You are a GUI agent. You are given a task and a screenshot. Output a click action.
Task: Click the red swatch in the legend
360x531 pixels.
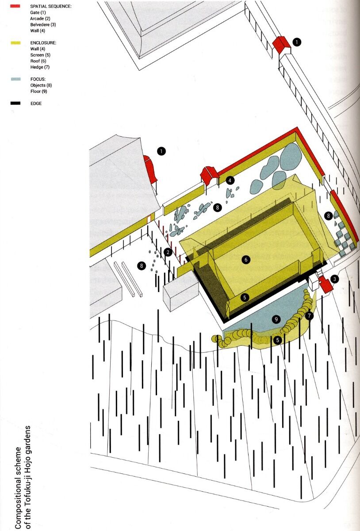(15, 6)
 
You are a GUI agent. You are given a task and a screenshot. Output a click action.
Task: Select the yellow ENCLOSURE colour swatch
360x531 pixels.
(15, 43)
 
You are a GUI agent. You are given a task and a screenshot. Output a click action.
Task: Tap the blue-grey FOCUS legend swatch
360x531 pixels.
(15, 79)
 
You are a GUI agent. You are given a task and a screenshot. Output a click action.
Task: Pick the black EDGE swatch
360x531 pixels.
(15, 104)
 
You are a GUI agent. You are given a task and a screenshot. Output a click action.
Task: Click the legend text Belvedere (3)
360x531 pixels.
(43, 25)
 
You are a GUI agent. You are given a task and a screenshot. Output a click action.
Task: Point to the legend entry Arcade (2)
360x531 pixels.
(40, 19)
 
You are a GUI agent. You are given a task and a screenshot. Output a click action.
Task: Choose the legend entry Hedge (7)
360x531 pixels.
(40, 67)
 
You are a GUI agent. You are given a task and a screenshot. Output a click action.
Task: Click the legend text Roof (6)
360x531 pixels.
(38, 61)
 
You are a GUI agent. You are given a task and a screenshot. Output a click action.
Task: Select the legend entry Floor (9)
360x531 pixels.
(38, 91)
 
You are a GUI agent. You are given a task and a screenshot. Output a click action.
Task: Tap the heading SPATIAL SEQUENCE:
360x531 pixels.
(51, 6)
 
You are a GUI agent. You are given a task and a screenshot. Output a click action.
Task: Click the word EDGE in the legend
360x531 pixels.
(36, 104)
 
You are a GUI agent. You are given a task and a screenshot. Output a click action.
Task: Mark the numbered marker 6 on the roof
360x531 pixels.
(246, 260)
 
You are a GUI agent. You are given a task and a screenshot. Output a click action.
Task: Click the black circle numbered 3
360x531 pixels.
(335, 279)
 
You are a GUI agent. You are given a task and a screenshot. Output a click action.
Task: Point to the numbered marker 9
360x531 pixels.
(276, 319)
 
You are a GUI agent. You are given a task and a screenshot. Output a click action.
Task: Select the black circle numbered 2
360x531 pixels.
(168, 252)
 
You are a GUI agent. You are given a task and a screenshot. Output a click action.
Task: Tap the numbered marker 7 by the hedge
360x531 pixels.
(309, 316)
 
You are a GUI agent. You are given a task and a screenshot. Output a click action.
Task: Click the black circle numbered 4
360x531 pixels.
(230, 181)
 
